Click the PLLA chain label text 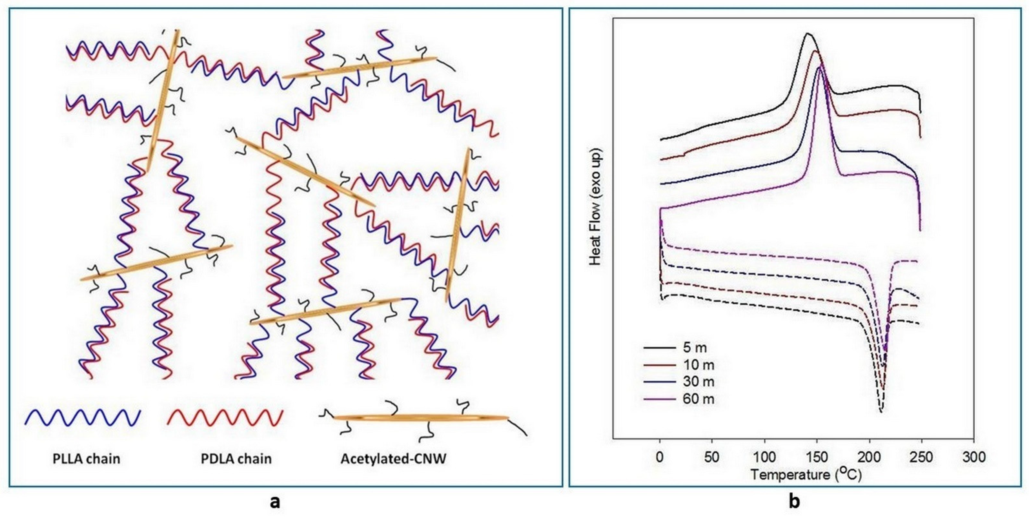click(x=86, y=459)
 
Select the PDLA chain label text click(x=236, y=459)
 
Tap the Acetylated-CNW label click(x=394, y=459)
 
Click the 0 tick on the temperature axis click(x=660, y=457)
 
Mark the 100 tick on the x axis click(x=764, y=457)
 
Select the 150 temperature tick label click(x=816, y=457)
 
